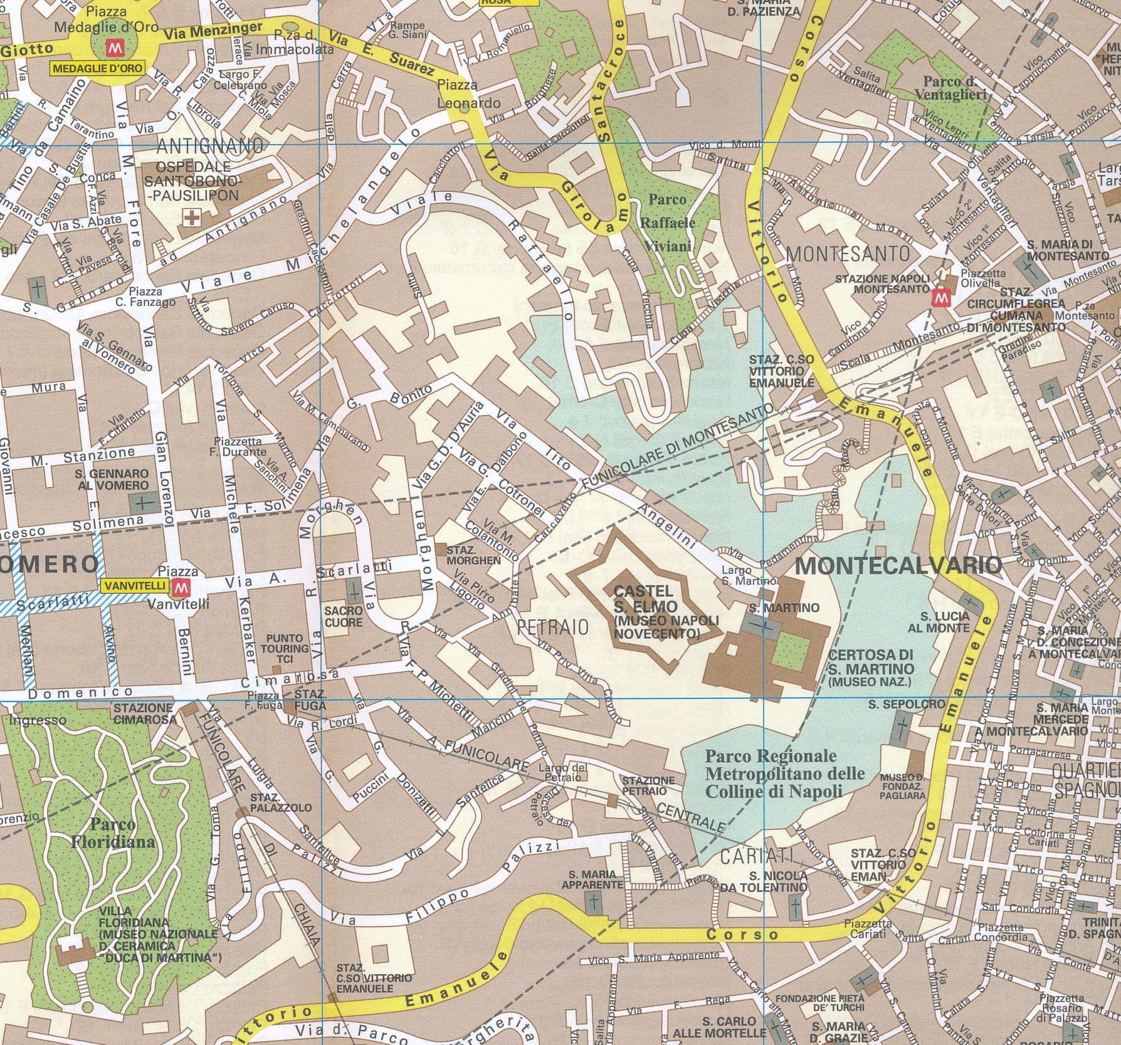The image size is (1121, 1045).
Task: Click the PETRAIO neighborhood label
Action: coord(553,626)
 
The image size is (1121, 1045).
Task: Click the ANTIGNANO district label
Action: coord(209,146)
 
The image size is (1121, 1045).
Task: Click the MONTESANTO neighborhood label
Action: coord(847,253)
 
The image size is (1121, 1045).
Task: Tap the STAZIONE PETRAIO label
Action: coord(648,785)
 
